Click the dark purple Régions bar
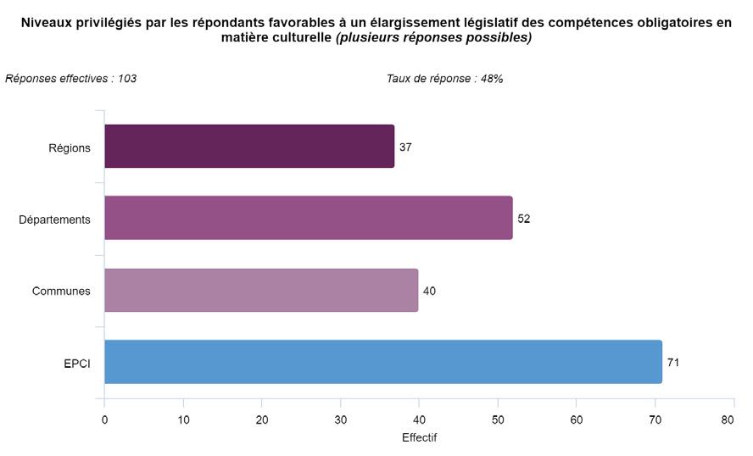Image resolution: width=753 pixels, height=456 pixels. click(x=249, y=147)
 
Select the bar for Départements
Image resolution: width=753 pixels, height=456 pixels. click(x=309, y=218)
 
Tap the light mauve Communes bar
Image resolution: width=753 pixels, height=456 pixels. click(x=261, y=291)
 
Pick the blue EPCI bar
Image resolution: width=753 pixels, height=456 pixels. click(x=383, y=362)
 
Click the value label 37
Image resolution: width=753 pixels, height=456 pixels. click(x=405, y=147)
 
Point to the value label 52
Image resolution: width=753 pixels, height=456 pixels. click(x=523, y=219)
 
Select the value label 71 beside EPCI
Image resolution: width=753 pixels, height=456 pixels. click(x=673, y=363)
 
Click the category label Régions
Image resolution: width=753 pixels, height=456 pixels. click(x=70, y=147)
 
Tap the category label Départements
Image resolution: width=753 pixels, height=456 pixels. click(x=54, y=220)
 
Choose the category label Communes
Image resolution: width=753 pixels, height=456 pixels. click(x=61, y=292)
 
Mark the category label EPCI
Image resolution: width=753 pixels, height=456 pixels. click(x=77, y=364)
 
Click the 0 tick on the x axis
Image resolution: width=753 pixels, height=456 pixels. click(x=104, y=420)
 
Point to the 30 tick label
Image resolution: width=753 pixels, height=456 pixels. click(x=341, y=420)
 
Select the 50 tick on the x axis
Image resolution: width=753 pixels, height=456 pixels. click(x=498, y=420)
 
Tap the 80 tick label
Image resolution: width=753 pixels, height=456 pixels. click(x=728, y=420)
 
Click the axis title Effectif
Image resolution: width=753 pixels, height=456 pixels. click(x=419, y=437)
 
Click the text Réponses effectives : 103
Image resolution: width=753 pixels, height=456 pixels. click(x=70, y=79)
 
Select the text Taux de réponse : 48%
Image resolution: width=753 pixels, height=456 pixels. click(x=444, y=79)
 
